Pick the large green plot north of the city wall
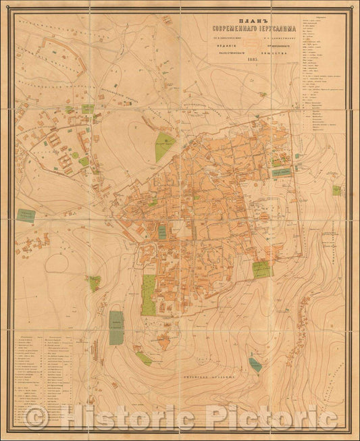click(x=165, y=147)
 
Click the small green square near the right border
click(x=336, y=191)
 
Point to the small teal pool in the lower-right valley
click(x=255, y=365)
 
